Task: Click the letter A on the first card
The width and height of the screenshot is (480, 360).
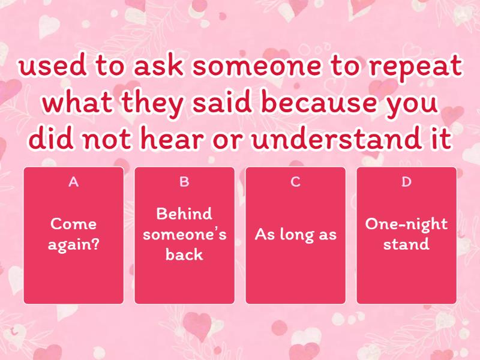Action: click(x=73, y=182)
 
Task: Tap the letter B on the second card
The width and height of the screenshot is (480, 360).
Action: click(x=184, y=182)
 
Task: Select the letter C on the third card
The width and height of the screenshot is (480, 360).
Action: click(x=295, y=182)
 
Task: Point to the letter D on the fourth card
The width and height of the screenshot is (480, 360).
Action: click(x=406, y=182)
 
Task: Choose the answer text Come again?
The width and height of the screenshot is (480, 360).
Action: click(x=73, y=234)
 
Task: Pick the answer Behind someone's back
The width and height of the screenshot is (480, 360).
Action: click(x=184, y=234)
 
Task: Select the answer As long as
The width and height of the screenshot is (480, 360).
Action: click(x=295, y=234)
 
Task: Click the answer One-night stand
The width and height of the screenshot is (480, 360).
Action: click(x=406, y=234)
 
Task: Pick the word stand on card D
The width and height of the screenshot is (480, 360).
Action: click(x=406, y=244)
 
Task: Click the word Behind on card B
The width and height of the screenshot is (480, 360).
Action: click(x=184, y=214)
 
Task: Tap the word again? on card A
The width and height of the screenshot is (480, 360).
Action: click(x=73, y=244)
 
